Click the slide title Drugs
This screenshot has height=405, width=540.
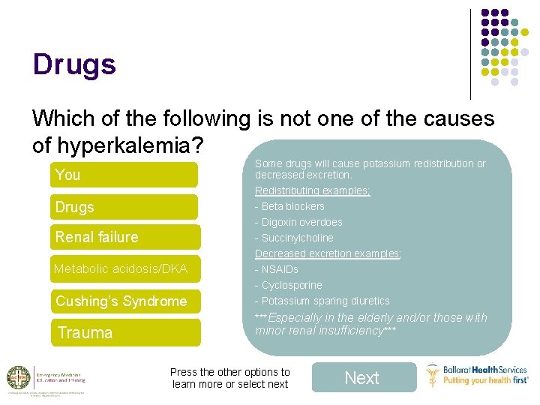point(74,64)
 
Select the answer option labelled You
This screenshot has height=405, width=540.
point(124,175)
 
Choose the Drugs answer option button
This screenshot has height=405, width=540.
point(124,207)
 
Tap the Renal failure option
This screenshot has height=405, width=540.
point(125,237)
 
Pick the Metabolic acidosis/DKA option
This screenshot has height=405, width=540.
point(125,268)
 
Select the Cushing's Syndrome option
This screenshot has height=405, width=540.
point(125,301)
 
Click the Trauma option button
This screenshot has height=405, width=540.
point(125,332)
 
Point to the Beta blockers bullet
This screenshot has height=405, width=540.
point(290,206)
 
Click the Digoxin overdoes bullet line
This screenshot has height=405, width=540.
point(298,222)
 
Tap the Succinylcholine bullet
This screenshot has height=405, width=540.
point(294,238)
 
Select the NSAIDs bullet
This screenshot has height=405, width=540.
point(277,269)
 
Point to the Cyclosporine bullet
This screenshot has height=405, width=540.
point(289,285)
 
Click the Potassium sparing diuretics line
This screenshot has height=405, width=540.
point(322,301)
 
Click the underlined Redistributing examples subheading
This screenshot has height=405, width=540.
point(313,190)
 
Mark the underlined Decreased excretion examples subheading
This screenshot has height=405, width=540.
point(328,253)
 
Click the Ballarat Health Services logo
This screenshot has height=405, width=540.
point(477,375)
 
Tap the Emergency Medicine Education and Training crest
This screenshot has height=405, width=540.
point(18,378)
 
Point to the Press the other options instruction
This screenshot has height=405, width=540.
point(229,378)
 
